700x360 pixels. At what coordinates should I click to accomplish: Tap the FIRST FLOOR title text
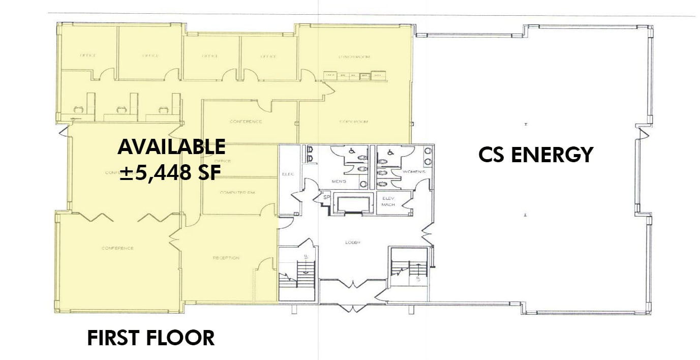coord(150,338)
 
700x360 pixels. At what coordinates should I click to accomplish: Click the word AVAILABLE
coord(171,146)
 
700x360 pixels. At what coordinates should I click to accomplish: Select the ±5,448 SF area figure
coord(170,173)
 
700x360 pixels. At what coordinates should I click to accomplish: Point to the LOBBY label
coord(352,243)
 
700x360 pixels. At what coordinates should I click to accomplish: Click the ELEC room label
coord(287,173)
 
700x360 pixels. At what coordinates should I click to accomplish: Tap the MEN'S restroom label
coord(339,182)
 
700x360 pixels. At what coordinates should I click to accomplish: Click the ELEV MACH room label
coord(388,201)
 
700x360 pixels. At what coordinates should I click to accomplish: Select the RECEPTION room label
coord(226,258)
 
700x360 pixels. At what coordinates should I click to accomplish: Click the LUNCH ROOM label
coord(354,56)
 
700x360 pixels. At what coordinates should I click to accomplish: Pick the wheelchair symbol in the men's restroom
coord(350,151)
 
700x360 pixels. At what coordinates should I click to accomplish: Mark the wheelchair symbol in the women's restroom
coord(390,152)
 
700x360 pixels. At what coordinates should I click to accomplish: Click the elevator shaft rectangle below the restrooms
coord(353,204)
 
